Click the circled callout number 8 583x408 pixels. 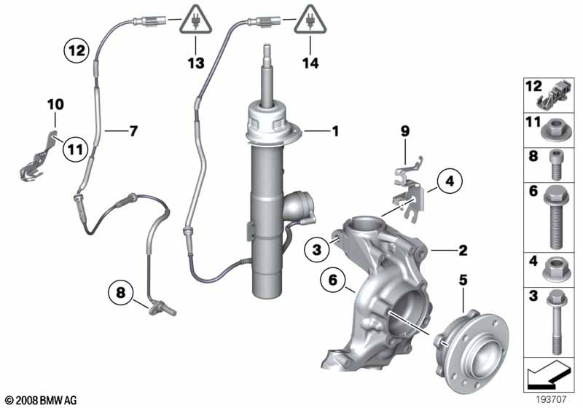coord(121,294)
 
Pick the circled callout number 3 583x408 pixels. coord(317,250)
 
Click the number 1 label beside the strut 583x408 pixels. coord(335,132)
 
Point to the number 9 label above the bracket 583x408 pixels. coord(404,132)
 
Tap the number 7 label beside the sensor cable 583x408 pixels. coord(133,131)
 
